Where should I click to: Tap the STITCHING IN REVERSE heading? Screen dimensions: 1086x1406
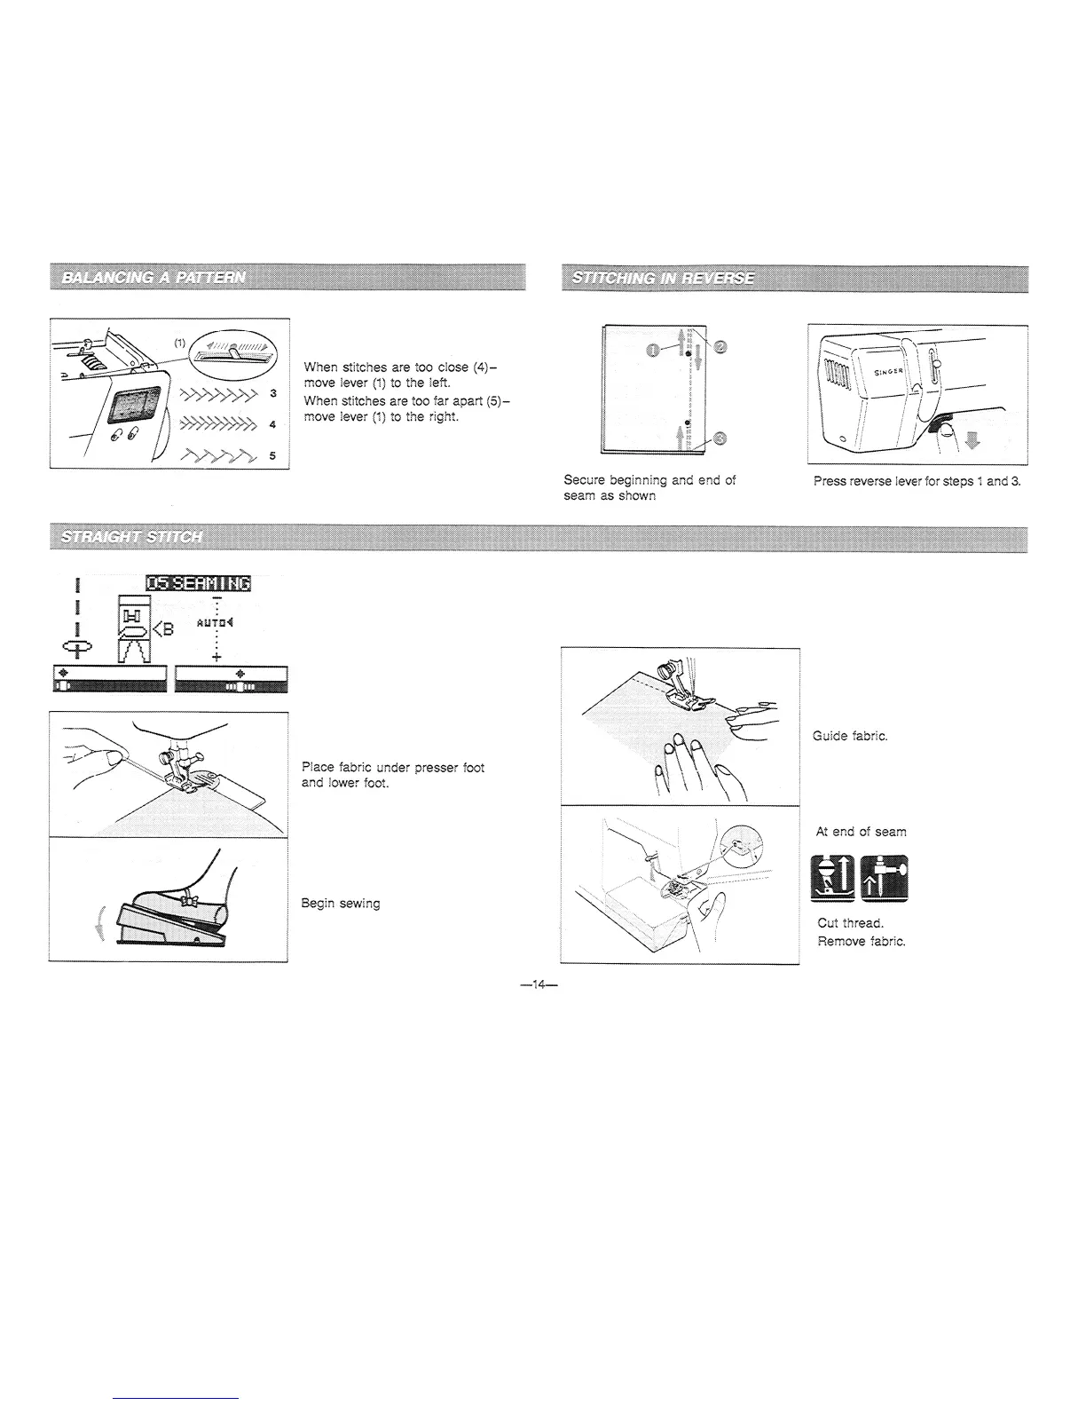tap(664, 278)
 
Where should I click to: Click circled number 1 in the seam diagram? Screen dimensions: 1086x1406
tap(653, 349)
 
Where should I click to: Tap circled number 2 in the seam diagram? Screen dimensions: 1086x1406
tap(720, 346)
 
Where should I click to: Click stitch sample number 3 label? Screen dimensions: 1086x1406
tap(272, 392)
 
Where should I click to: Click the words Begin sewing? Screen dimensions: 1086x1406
tap(341, 904)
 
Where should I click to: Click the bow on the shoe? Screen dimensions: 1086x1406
tap(186, 901)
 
